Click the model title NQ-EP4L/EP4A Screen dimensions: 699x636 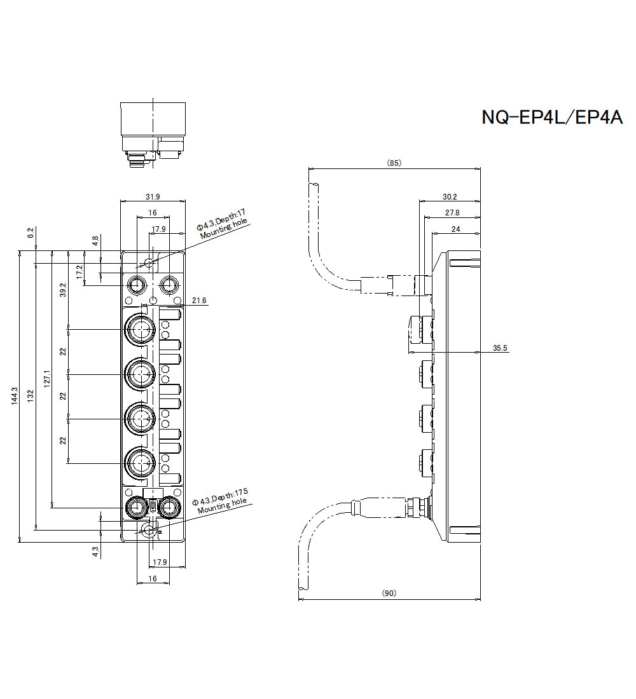coord(551,118)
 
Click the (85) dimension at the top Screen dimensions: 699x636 coord(394,163)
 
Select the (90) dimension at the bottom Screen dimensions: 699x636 coord(389,593)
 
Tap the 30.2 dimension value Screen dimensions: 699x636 coord(450,197)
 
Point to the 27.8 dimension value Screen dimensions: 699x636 coord(452,213)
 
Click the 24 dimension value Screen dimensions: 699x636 coord(455,229)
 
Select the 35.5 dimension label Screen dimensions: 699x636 coord(500,348)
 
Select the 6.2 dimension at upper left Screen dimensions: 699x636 coord(31,233)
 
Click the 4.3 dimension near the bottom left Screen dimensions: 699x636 coord(95,552)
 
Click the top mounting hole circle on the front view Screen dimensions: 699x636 coord(149,263)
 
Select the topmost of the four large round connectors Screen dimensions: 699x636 coord(139,329)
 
